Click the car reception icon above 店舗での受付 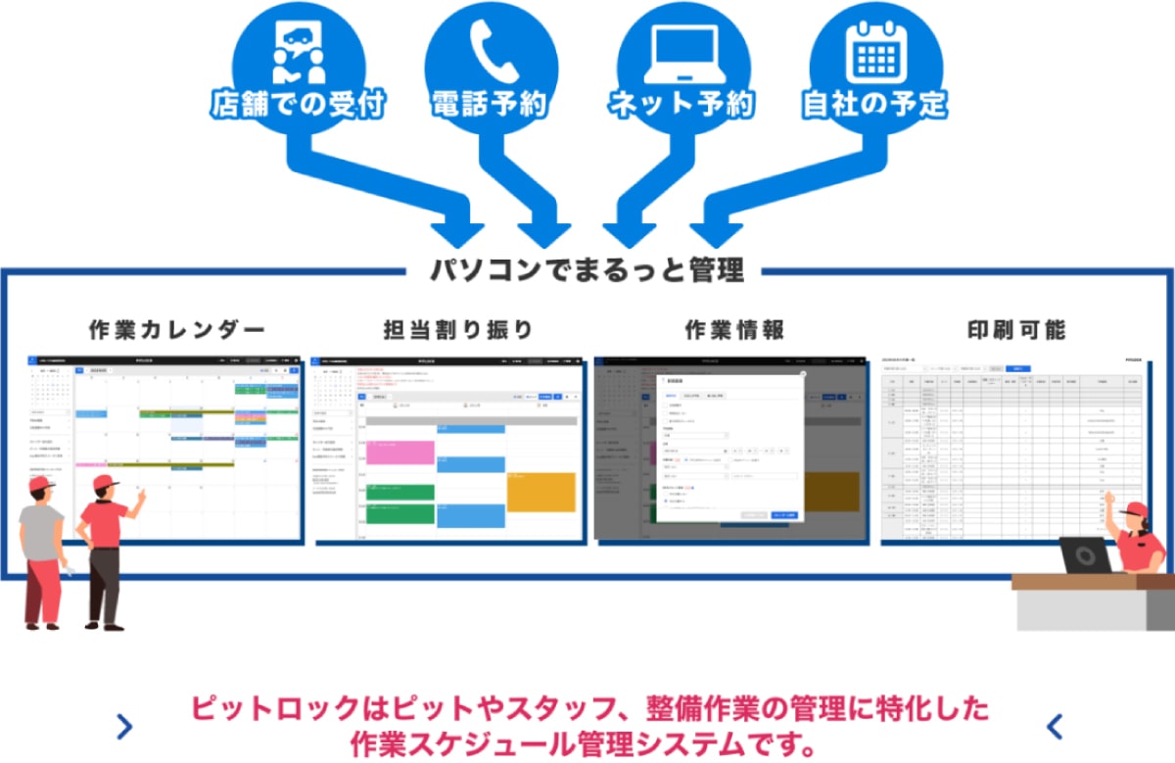click(298, 51)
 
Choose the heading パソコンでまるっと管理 click(587, 269)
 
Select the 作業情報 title click(734, 329)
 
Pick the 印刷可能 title click(1013, 329)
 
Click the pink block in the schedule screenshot click(399, 452)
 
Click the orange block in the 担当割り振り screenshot click(541, 491)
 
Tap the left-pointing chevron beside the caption click(1055, 726)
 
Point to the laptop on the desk click(1085, 555)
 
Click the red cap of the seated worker click(1136, 508)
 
